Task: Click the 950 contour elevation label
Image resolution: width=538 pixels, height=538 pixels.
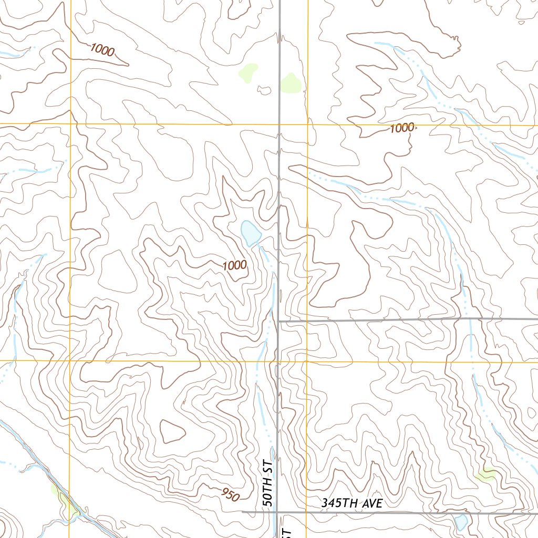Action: tap(231, 494)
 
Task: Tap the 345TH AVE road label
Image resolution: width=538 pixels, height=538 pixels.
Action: tap(352, 503)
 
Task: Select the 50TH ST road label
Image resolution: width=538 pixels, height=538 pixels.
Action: tap(268, 483)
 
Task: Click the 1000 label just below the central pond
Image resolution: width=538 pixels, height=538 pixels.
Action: tap(234, 265)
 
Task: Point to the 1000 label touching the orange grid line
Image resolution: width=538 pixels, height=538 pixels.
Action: tap(402, 128)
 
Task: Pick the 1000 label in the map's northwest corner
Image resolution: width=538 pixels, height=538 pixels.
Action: tap(102, 50)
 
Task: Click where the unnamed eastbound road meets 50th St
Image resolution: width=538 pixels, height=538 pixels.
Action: tap(278, 320)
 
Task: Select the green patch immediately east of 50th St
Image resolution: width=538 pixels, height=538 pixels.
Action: tap(290, 83)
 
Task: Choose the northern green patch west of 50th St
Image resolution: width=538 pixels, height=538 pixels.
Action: tap(249, 73)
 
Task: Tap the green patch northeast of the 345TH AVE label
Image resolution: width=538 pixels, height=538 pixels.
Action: tap(486, 475)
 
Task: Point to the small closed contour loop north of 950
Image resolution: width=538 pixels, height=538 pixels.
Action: tap(172, 431)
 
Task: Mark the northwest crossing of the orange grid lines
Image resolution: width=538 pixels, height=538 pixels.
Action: tap(70, 124)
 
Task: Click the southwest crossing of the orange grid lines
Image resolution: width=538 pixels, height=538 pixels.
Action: tap(70, 361)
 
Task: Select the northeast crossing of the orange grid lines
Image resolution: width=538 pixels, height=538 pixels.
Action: tap(307, 125)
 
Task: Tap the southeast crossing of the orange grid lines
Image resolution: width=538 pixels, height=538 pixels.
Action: tap(307, 361)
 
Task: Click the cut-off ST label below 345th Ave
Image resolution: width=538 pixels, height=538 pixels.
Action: tap(287, 532)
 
